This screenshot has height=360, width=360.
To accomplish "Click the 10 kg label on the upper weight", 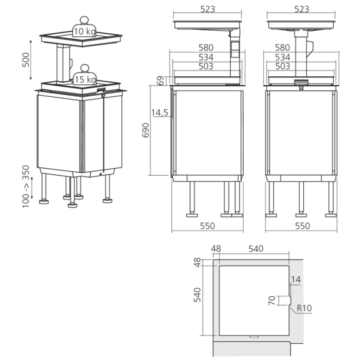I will [x=83, y=31].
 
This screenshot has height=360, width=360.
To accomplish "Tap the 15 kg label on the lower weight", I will [x=84, y=80].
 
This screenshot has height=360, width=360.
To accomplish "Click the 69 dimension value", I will [x=161, y=80].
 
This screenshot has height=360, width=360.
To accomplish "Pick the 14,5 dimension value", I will [x=160, y=112].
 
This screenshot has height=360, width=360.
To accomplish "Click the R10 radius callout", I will [x=304, y=308].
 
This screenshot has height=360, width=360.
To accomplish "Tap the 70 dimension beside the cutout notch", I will [x=271, y=301].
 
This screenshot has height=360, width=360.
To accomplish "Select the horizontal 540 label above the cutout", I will [x=256, y=249].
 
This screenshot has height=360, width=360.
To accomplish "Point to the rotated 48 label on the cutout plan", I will [x=197, y=262].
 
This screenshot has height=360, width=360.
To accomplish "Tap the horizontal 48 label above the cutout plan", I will [x=217, y=249].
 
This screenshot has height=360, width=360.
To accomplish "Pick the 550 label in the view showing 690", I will [x=207, y=226].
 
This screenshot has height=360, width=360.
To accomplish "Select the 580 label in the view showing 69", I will [x=207, y=47].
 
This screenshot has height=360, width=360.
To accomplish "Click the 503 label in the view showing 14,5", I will [x=207, y=66].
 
